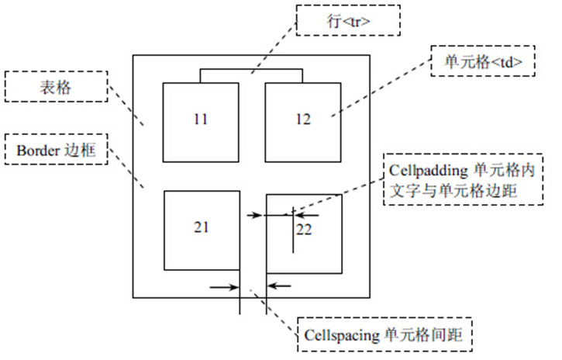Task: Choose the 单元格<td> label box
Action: click(483, 64)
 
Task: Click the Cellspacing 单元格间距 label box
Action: click(384, 335)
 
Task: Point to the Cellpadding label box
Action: click(463, 179)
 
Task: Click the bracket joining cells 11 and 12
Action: click(250, 71)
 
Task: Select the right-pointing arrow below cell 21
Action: click(224, 286)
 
